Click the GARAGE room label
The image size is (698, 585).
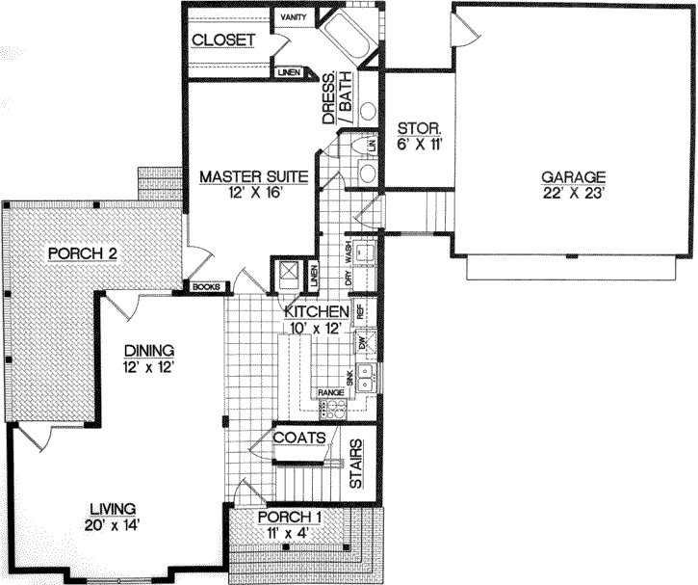[572, 176]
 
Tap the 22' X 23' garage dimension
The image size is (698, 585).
[572, 192]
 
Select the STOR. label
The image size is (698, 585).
[420, 127]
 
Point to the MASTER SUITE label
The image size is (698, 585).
[253, 176]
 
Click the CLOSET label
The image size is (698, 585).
[222, 40]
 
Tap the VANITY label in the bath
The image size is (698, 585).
[292, 17]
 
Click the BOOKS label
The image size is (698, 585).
[206, 287]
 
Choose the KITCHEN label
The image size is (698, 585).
[316, 311]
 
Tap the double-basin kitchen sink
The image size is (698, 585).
[365, 378]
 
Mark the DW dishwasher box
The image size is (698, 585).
[363, 342]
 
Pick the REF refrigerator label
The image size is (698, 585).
[362, 312]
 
